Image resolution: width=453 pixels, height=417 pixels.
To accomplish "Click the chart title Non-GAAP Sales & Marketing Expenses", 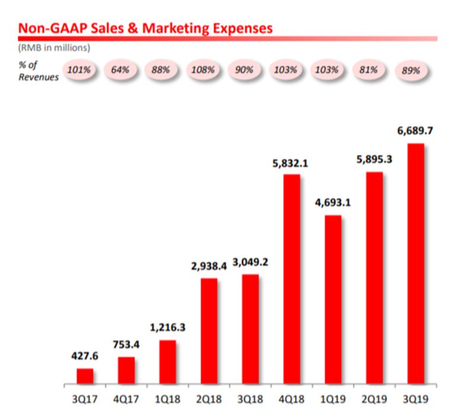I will click(x=145, y=27).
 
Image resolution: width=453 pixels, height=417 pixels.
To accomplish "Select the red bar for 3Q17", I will click(x=85, y=376).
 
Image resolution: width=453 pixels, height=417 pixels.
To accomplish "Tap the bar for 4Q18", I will click(x=292, y=279).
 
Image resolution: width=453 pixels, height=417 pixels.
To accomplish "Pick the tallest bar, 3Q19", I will click(x=416, y=263).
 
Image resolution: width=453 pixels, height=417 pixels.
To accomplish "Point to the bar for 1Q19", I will click(x=333, y=299).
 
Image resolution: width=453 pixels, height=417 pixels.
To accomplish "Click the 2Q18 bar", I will click(x=209, y=331).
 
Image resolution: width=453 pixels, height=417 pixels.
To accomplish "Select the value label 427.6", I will click(x=85, y=357).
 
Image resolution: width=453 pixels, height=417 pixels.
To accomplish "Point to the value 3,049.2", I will click(x=250, y=262).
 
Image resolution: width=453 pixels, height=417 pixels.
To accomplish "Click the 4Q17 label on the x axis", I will click(x=126, y=399).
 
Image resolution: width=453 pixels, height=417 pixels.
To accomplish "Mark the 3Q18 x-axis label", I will click(x=250, y=399).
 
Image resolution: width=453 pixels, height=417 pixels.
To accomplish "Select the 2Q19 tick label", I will click(x=375, y=399).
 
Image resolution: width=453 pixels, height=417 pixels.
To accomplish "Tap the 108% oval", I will click(x=203, y=69).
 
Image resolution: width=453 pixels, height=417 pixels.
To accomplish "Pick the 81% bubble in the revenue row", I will click(x=369, y=69).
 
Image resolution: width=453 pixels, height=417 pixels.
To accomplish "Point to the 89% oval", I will click(x=410, y=70).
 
